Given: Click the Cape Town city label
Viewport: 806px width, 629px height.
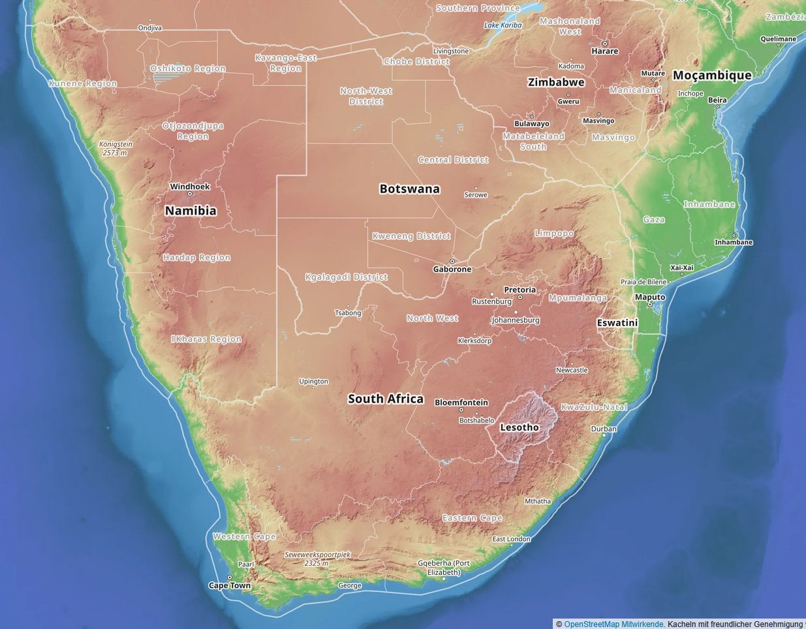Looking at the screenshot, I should pyautogui.click(x=230, y=585).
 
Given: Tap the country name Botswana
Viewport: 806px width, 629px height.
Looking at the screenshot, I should pyautogui.click(x=410, y=189).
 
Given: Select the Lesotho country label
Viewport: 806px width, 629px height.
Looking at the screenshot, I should pyautogui.click(x=519, y=427).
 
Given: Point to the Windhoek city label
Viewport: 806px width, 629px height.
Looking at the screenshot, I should pyautogui.click(x=190, y=187).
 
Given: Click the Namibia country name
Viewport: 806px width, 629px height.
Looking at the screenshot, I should pyautogui.click(x=191, y=211).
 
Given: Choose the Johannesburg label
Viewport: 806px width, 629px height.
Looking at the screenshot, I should pyautogui.click(x=516, y=320).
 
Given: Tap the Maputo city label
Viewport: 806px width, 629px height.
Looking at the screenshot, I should pyautogui.click(x=650, y=298).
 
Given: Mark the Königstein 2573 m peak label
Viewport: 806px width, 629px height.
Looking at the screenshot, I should pyautogui.click(x=116, y=148).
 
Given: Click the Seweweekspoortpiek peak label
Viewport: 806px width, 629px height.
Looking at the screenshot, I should pyautogui.click(x=318, y=558).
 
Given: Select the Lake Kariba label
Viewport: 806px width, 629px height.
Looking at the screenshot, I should pyautogui.click(x=503, y=25).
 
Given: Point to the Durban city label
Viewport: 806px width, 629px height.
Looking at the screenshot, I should pyautogui.click(x=604, y=429).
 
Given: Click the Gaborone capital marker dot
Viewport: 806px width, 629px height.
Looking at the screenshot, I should pyautogui.click(x=452, y=262).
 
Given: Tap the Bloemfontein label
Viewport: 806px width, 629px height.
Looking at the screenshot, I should pyautogui.click(x=461, y=403).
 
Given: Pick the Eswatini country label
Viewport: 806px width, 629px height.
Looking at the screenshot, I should pyautogui.click(x=617, y=322).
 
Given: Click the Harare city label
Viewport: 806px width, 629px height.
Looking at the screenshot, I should pyautogui.click(x=604, y=51).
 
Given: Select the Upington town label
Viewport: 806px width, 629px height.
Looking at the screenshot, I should pyautogui.click(x=314, y=381).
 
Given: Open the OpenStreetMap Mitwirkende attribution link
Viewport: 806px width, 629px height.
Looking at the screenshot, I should pyautogui.click(x=613, y=624).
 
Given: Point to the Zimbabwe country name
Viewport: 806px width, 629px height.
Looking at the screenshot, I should pyautogui.click(x=556, y=82).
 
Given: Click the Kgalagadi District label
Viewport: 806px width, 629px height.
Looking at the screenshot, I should pyautogui.click(x=347, y=277).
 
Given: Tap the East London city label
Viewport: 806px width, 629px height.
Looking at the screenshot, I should pyautogui.click(x=512, y=539).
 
